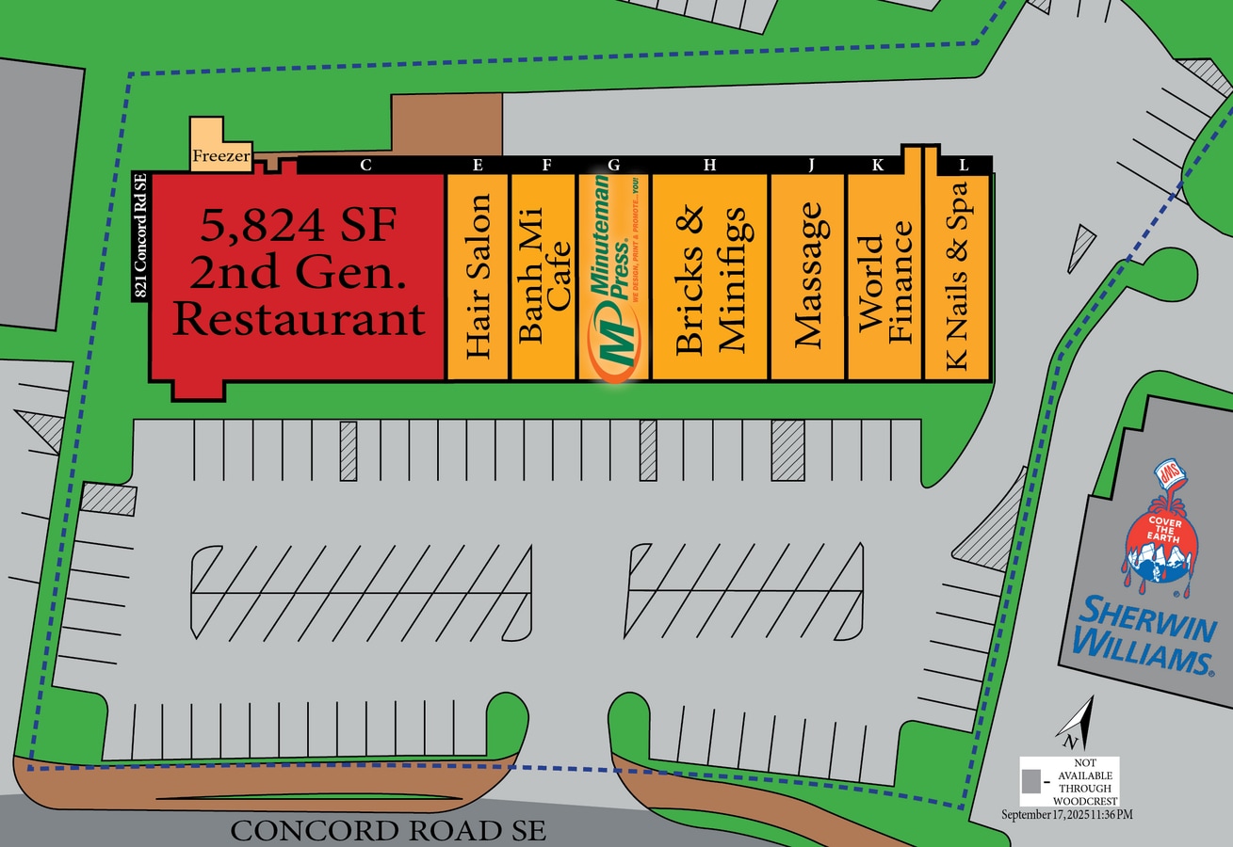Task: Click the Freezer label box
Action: point(221,155)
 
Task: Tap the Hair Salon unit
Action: point(478,277)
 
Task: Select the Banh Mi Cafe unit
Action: point(543,277)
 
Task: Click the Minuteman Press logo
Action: point(613,277)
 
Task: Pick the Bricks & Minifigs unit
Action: point(710,277)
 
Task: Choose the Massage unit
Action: point(808,277)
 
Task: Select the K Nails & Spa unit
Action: point(956,277)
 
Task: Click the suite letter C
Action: point(365,166)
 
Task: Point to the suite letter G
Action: point(614,166)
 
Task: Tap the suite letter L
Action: point(963,165)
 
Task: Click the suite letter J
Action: point(810,166)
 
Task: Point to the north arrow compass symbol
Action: point(1076,723)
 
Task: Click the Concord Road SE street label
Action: point(388,831)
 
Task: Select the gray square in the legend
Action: point(1032,781)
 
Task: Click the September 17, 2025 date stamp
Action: point(1066,814)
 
